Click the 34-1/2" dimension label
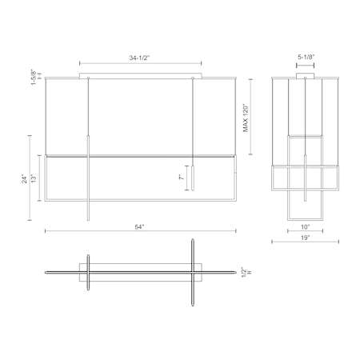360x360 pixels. [x=140, y=58]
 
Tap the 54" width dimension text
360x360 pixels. [x=139, y=227]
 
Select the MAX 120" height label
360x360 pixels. [x=246, y=118]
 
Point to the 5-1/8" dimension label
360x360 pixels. [x=306, y=57]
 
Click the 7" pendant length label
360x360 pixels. [x=182, y=178]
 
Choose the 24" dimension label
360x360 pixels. [x=24, y=178]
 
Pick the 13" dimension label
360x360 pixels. [x=34, y=178]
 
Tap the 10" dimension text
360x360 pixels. [x=306, y=227]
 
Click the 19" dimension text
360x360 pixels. [x=306, y=238]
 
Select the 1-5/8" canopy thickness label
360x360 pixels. [x=34, y=77]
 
